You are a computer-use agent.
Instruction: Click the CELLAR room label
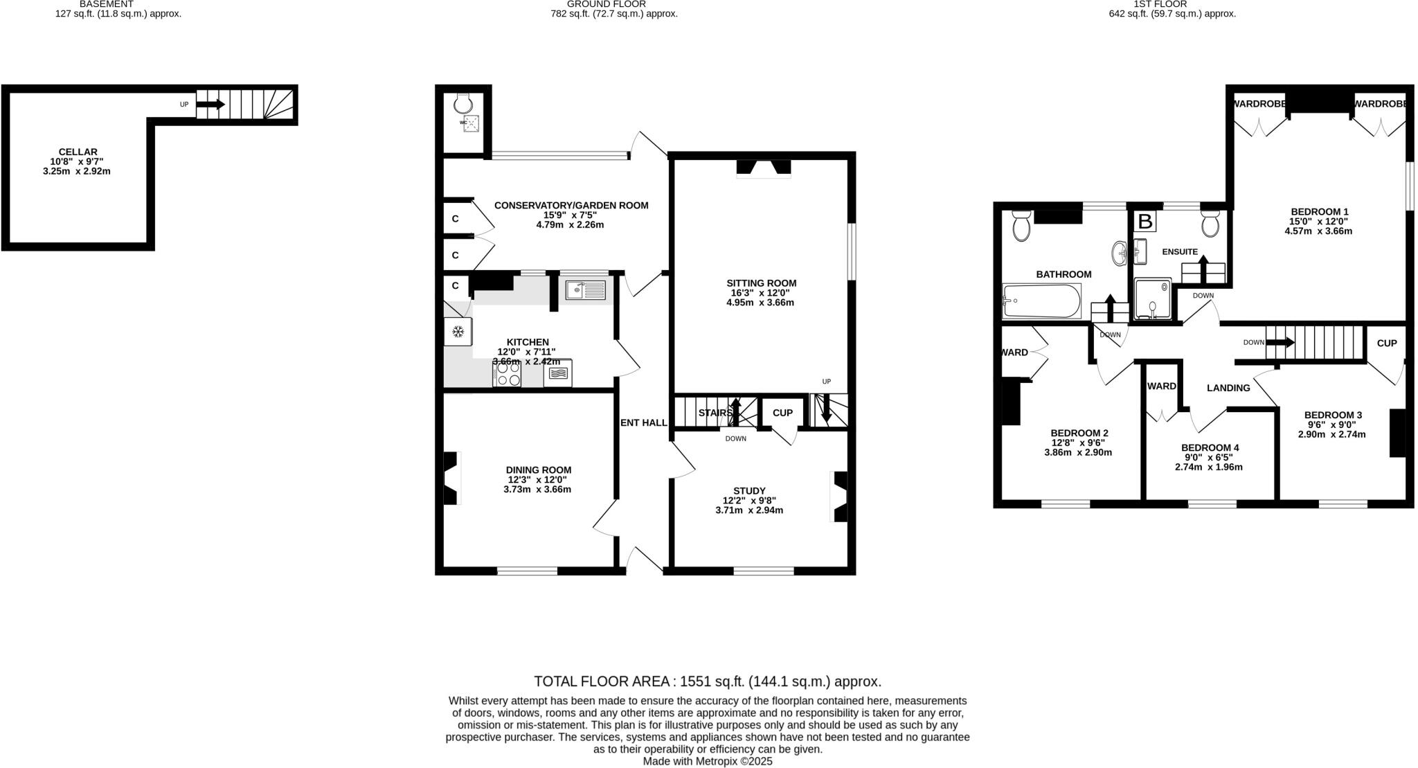click(x=78, y=152)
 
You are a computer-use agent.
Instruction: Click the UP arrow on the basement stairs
click(x=210, y=105)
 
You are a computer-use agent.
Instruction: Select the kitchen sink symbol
click(x=585, y=289)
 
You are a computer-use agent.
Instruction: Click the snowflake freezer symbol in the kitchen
click(x=458, y=332)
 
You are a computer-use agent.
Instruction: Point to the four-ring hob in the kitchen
click(x=508, y=374)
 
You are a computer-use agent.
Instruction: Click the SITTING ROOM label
click(x=761, y=283)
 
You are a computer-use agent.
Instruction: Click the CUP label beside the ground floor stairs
click(x=782, y=413)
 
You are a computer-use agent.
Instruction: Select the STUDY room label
click(x=749, y=490)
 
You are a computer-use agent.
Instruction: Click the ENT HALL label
click(x=643, y=422)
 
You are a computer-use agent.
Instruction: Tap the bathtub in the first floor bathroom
click(x=1041, y=301)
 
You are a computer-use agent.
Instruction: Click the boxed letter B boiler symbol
click(x=1146, y=222)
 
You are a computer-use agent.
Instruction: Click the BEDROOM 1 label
click(x=1319, y=211)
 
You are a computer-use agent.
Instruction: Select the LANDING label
click(x=1228, y=388)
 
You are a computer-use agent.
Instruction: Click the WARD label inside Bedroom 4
click(x=1161, y=386)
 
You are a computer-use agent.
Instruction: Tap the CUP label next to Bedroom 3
click(x=1386, y=343)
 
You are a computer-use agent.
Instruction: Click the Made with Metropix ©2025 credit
click(x=707, y=761)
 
